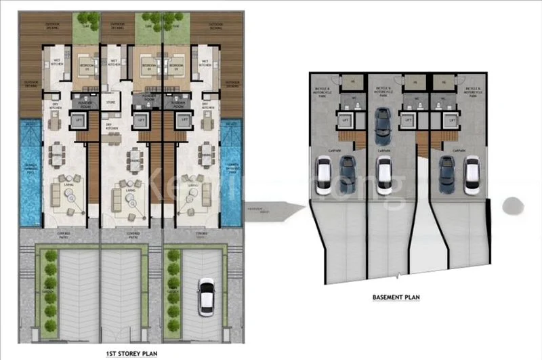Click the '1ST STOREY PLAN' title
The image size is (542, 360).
coord(133,353)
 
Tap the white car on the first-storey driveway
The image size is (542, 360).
coord(207,297)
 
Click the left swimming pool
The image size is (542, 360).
coord(31,173)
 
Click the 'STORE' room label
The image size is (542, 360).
coord(112,104)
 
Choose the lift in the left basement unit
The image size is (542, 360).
coord(346,121)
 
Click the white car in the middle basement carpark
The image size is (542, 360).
coord(383,174)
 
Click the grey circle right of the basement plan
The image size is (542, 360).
coord(513,204)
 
